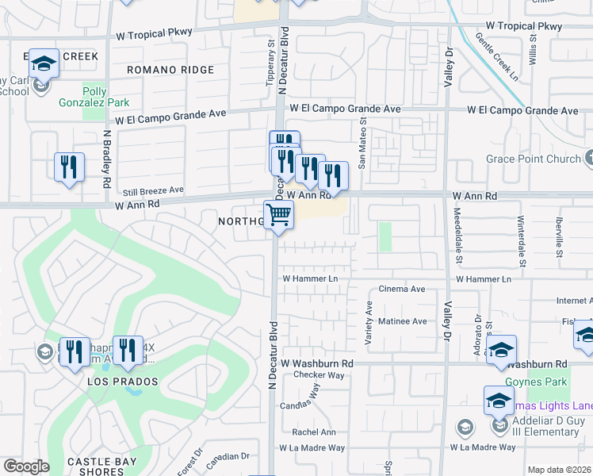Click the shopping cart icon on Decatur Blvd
tap(278, 214)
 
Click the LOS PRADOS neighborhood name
tap(123, 382)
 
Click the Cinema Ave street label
tap(402, 290)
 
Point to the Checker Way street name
tap(317, 374)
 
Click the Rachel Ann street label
tap(313, 432)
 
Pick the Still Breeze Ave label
tap(153, 190)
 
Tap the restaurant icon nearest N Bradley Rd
tap(69, 167)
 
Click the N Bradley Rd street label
tap(105, 159)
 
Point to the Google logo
tap(25, 466)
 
